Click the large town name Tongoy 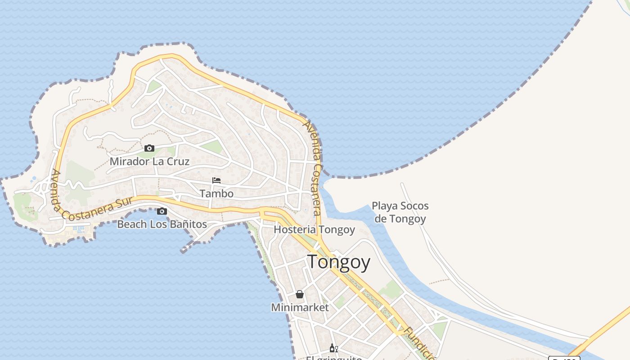(x=339, y=262)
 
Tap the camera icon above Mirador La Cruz (x=149, y=148)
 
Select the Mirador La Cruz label (x=149, y=161)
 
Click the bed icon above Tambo (x=216, y=180)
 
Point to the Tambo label (x=216, y=193)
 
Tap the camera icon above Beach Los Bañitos (x=162, y=211)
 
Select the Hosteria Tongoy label (x=314, y=229)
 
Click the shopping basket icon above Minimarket (x=300, y=294)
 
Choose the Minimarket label (x=300, y=307)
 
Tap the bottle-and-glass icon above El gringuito (x=333, y=348)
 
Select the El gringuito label (x=334, y=358)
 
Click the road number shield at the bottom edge (x=564, y=358)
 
